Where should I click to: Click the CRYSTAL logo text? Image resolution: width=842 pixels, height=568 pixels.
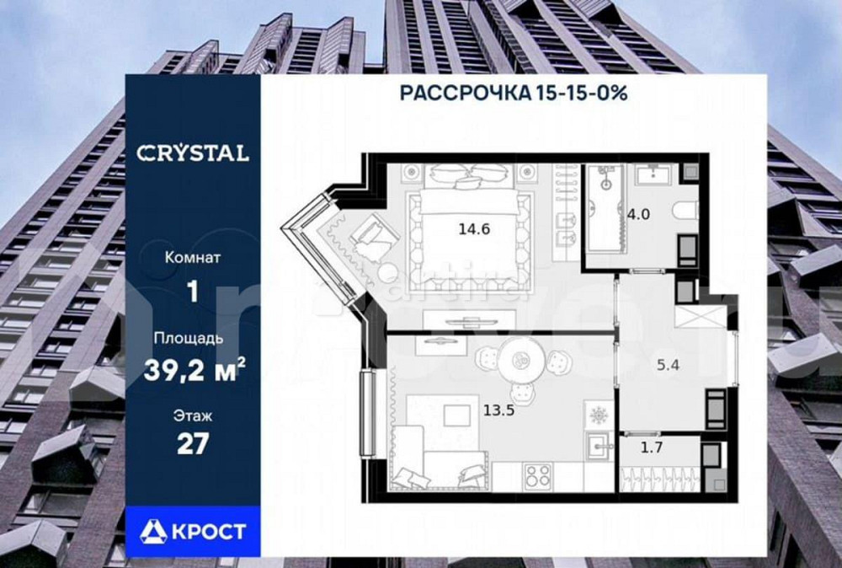tap(193, 153)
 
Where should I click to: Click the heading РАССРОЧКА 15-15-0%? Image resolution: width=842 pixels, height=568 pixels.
tap(513, 93)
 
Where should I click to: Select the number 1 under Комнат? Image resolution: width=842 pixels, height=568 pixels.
tap(193, 292)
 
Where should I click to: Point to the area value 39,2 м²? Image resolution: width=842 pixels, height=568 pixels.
tap(193, 372)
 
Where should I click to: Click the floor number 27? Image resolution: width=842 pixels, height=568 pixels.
tap(193, 443)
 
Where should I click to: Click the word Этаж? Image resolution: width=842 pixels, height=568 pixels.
tap(193, 415)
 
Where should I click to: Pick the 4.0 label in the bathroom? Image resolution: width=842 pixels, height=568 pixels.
tap(637, 213)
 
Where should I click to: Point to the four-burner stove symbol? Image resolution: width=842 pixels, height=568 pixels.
tap(536, 476)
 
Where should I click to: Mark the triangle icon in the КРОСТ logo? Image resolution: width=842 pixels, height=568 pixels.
tap(154, 531)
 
